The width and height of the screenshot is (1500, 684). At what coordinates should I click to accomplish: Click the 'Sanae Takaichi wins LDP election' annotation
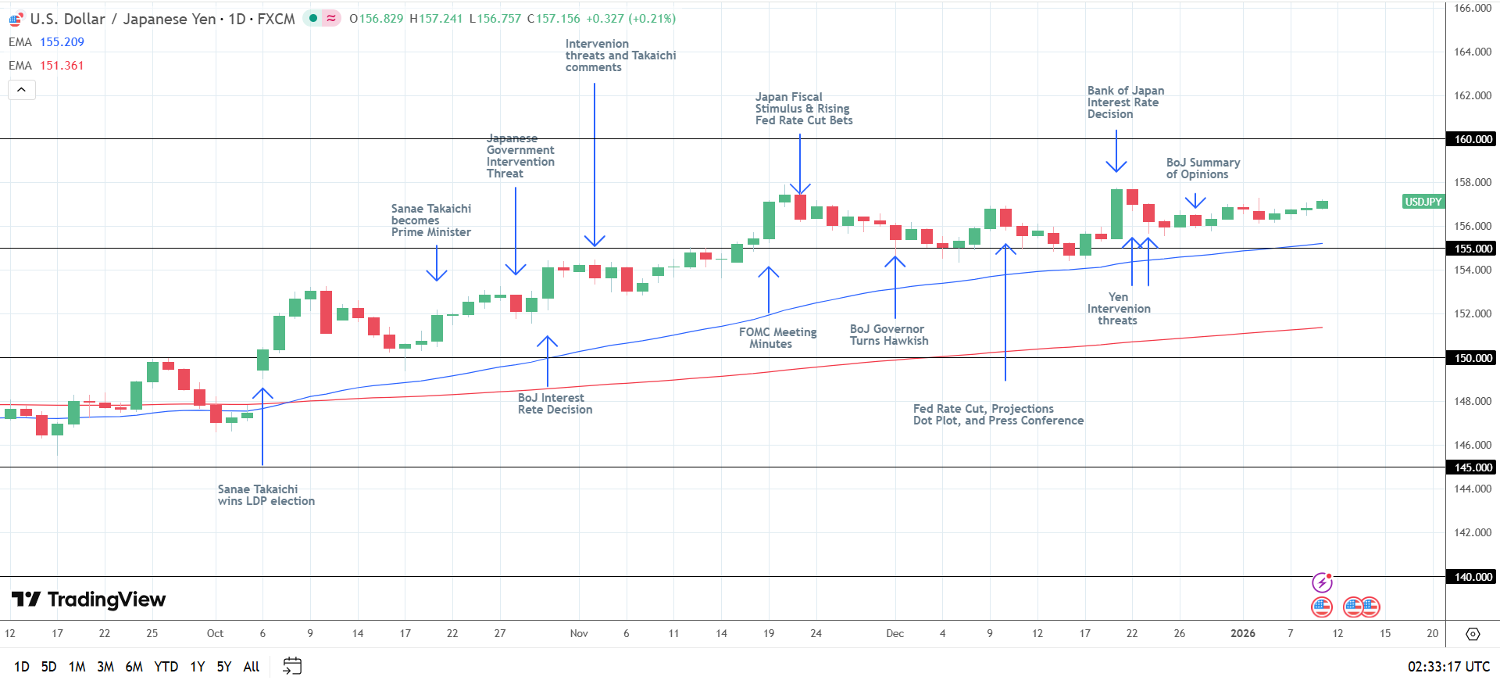pyautogui.click(x=266, y=495)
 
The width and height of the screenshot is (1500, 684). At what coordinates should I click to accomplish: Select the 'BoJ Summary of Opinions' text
pyautogui.click(x=1202, y=168)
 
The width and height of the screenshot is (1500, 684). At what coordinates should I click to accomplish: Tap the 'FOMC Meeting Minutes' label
pyautogui.click(x=777, y=338)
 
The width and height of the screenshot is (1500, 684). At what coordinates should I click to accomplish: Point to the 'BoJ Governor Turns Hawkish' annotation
pyautogui.click(x=889, y=335)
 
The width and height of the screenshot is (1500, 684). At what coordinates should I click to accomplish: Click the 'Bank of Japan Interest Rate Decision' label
pyautogui.click(x=1125, y=102)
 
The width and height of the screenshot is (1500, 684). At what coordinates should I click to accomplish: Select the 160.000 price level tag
pyautogui.click(x=1472, y=139)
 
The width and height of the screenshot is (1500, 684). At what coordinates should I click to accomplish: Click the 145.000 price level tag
pyautogui.click(x=1472, y=467)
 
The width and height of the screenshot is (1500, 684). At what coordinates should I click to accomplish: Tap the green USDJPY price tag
pyautogui.click(x=1423, y=202)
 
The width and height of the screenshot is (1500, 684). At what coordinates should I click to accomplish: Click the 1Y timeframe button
pyautogui.click(x=198, y=667)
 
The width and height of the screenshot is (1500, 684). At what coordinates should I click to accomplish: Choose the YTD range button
pyautogui.click(x=166, y=667)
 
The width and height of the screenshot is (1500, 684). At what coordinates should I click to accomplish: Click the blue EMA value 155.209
pyautogui.click(x=62, y=42)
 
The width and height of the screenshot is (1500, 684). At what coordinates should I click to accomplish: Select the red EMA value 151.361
pyautogui.click(x=62, y=66)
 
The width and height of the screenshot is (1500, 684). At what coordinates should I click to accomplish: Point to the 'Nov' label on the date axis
pyautogui.click(x=579, y=633)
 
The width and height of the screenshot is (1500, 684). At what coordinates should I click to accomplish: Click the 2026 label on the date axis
pyautogui.click(x=1242, y=633)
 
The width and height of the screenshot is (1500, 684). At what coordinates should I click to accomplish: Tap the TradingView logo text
pyautogui.click(x=106, y=600)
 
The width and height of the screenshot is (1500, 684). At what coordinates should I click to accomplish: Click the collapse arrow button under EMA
pyautogui.click(x=22, y=90)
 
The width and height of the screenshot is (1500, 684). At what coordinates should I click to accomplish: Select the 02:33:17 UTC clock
pyautogui.click(x=1448, y=667)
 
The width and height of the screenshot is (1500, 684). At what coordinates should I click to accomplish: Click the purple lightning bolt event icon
pyautogui.click(x=1322, y=582)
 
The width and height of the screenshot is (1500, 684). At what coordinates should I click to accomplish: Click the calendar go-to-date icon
pyautogui.click(x=292, y=666)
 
